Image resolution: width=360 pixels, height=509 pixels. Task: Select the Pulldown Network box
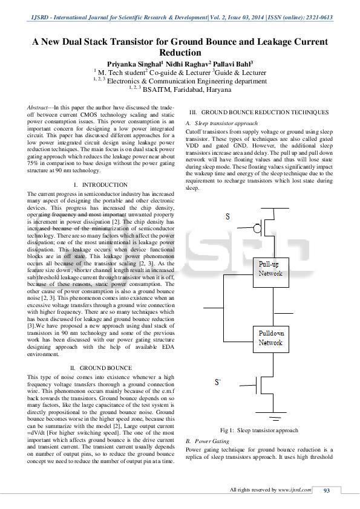point(270,338)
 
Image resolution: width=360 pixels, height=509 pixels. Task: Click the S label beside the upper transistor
point(227,216)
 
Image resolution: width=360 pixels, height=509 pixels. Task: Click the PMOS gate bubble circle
point(257,229)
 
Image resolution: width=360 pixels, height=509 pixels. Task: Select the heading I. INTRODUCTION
point(100,184)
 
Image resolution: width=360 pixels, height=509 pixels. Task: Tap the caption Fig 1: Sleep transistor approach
point(259,430)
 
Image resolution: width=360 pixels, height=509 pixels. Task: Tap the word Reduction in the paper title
point(180,53)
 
